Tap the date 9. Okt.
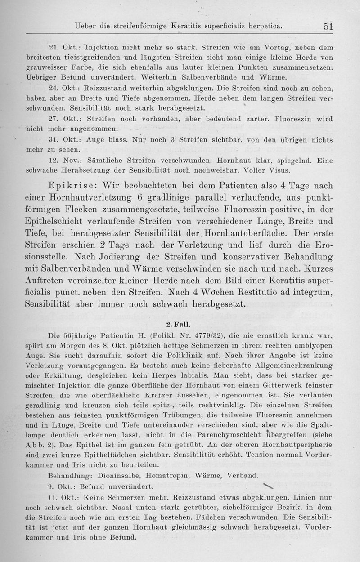point(60,486)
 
